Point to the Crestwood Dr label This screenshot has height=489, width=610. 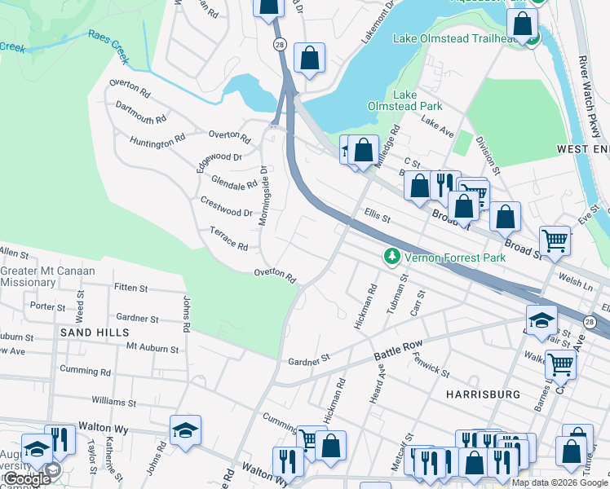(x=226, y=207)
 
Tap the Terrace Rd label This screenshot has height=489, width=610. (x=228, y=239)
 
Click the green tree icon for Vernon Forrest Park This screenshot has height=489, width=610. (x=392, y=258)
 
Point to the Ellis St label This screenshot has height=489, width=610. (x=378, y=218)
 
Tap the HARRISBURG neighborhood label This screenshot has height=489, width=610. (x=483, y=394)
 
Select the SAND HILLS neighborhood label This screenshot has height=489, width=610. (x=94, y=333)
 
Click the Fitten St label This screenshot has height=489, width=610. (x=130, y=288)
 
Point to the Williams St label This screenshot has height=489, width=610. (x=113, y=403)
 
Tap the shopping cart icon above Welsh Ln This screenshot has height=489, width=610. (x=555, y=240)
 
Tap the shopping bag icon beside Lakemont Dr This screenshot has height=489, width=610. (x=309, y=58)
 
